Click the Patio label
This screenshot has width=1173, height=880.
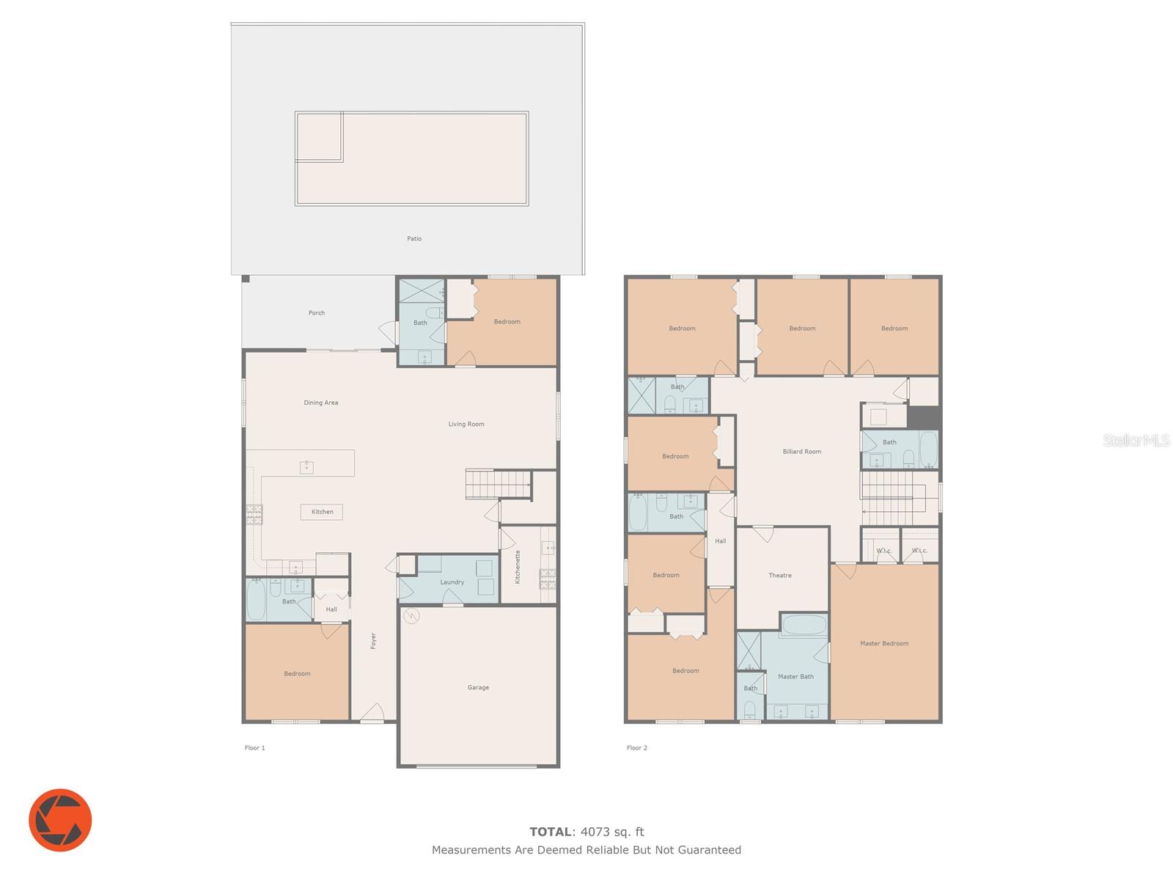tap(413, 238)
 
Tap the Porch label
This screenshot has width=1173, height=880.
tap(317, 312)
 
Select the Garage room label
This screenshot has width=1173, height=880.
tap(477, 687)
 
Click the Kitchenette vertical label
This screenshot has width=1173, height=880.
tap(517, 567)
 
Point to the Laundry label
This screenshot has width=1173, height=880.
tap(452, 582)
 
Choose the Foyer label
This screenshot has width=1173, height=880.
tap(373, 641)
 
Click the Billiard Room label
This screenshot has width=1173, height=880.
tap(801, 452)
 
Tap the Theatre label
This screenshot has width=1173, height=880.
tap(780, 576)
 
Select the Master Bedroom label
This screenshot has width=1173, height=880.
tap(884, 643)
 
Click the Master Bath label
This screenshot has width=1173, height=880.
tap(795, 676)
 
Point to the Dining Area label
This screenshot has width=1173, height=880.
tap(320, 403)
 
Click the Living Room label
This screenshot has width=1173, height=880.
tap(466, 424)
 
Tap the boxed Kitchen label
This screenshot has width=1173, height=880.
tap(322, 512)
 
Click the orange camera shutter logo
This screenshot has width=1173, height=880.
tap(60, 820)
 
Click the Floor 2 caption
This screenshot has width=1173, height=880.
tap(636, 747)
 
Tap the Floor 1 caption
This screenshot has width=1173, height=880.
tap(254, 747)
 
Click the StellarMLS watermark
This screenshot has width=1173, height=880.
tap(1136, 440)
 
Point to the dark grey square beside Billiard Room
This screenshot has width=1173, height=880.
tap(924, 418)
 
